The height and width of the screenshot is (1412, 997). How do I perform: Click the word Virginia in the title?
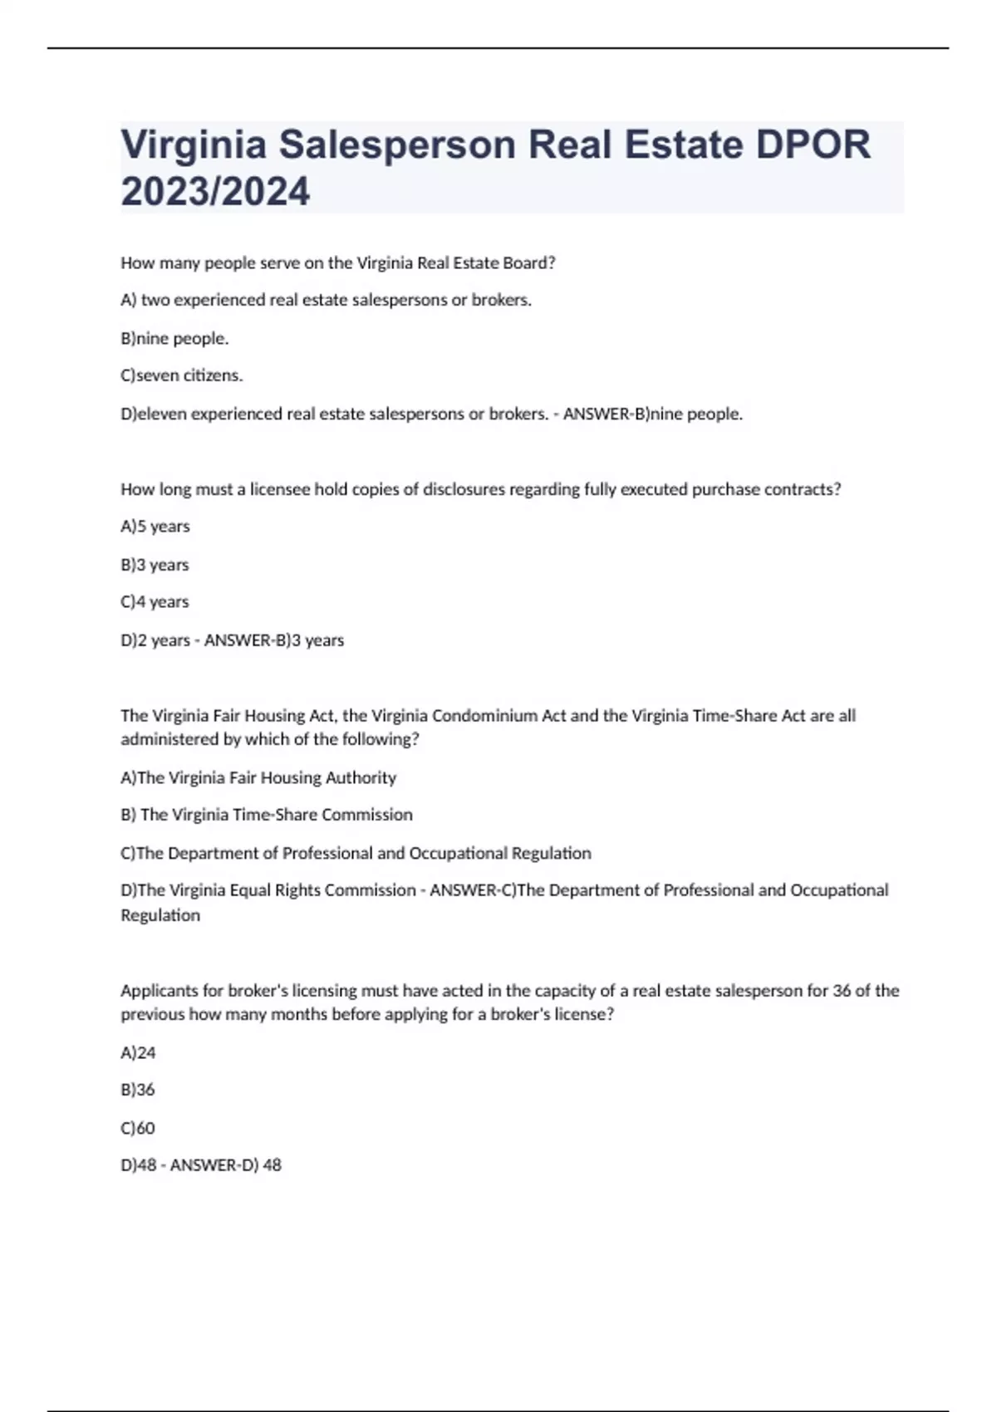tap(194, 145)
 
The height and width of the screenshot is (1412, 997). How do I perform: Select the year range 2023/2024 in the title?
tap(215, 192)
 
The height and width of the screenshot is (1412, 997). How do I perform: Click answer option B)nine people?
tap(174, 338)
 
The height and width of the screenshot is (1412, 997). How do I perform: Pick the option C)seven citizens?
tap(182, 375)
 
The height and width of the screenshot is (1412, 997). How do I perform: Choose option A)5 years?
tap(155, 527)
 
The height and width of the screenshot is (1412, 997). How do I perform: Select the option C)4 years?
tap(155, 602)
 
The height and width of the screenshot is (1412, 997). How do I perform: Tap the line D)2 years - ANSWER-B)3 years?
tap(233, 640)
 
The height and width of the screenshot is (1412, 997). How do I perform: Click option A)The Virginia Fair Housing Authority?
tap(258, 778)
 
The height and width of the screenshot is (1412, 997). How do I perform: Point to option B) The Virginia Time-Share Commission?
tap(267, 815)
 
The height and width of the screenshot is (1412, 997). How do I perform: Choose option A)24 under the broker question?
tap(139, 1053)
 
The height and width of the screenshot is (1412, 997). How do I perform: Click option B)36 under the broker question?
tap(138, 1090)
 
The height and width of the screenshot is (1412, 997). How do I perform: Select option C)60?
tap(138, 1128)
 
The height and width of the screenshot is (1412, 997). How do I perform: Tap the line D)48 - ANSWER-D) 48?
tap(201, 1165)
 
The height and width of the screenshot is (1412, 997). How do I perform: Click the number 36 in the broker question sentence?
tap(842, 991)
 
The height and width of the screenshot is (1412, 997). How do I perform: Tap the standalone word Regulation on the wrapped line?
tap(160, 915)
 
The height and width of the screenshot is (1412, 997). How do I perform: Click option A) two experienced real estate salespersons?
tap(327, 300)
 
